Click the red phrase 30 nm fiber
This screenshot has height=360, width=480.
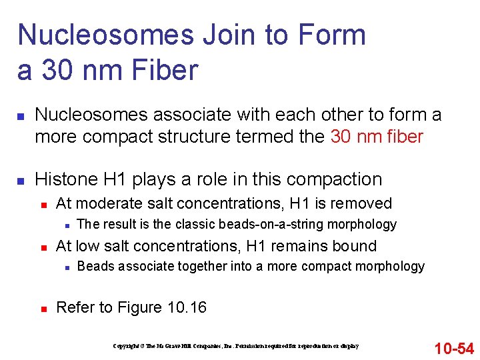click(377, 137)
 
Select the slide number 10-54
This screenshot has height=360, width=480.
click(454, 348)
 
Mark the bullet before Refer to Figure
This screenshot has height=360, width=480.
click(43, 308)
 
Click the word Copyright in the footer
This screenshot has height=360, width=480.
click(125, 346)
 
